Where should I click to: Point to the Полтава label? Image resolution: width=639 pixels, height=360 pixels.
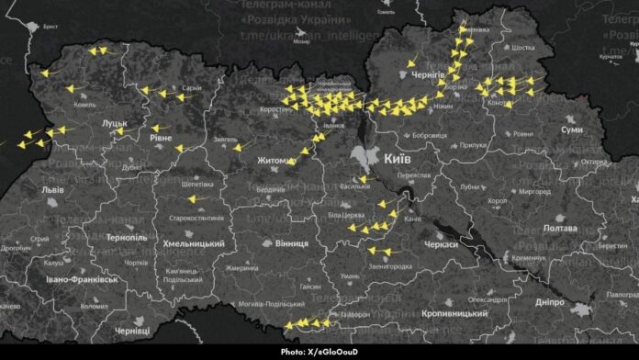(x=559, y=227)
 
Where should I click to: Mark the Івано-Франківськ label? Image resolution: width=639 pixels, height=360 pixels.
(x=73, y=277)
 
